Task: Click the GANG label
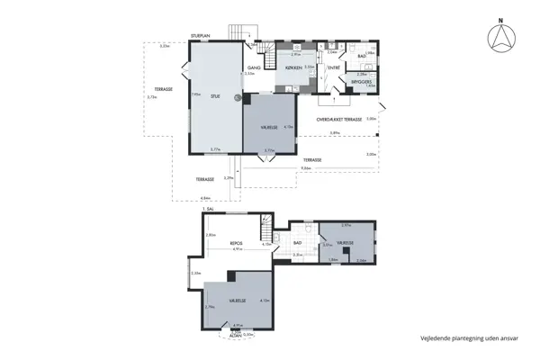pyautogui.click(x=254, y=67)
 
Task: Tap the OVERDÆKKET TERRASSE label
pyautogui.click(x=338, y=119)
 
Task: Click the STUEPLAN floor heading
pyautogui.click(x=200, y=35)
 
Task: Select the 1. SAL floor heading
pyautogui.click(x=210, y=209)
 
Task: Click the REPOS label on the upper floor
pyautogui.click(x=237, y=243)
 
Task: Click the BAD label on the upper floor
pyautogui.click(x=297, y=242)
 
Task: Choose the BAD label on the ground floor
pyautogui.click(x=361, y=56)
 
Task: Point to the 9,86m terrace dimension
pyautogui.click(x=306, y=167)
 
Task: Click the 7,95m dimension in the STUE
pyautogui.click(x=194, y=94)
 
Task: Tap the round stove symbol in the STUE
pyautogui.click(x=238, y=98)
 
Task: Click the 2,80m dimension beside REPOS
pyautogui.click(x=211, y=235)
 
